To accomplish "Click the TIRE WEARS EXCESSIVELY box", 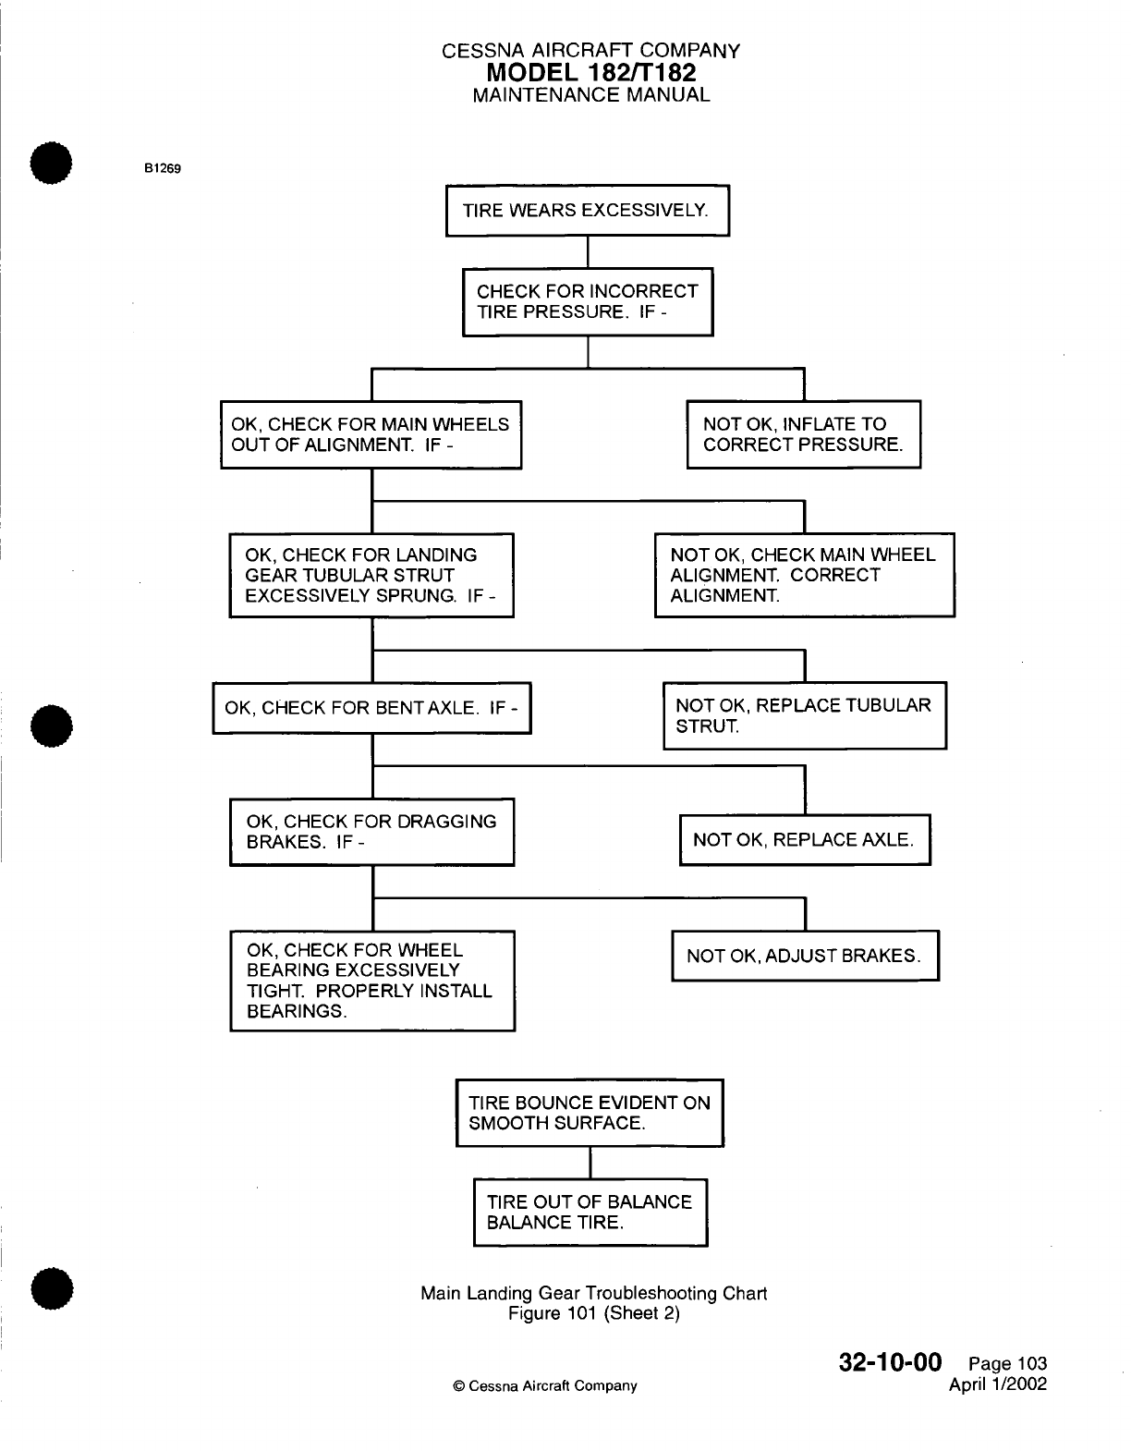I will click(x=587, y=211).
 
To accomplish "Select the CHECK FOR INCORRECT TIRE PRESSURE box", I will click(x=587, y=301).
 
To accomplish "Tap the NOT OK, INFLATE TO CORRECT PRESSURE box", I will click(x=803, y=434).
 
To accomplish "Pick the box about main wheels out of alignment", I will click(x=371, y=434).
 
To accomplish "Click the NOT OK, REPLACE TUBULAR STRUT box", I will click(x=804, y=715).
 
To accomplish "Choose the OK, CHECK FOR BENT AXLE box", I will click(x=371, y=709).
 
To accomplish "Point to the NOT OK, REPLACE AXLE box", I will click(x=804, y=839).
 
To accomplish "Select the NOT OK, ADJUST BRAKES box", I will click(x=804, y=956).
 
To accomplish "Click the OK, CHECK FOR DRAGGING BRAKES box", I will click(x=371, y=832).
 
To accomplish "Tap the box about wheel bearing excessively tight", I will click(x=371, y=981).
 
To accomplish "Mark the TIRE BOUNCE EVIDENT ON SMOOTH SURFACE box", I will click(x=590, y=1113).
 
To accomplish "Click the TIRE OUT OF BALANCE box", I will click(x=590, y=1212).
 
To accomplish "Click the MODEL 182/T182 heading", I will click(x=591, y=72).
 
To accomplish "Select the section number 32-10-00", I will click(x=890, y=1363).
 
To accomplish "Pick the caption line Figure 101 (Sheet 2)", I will click(x=594, y=1313).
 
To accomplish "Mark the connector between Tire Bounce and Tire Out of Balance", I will click(x=590, y=1163).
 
